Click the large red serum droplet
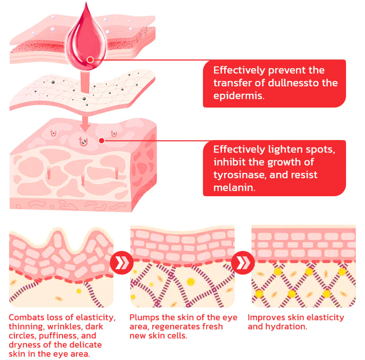click(86, 40)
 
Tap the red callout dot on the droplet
click(90, 59)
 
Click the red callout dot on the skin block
click(102, 140)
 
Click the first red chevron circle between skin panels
click(122, 262)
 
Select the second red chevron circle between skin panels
click(243, 262)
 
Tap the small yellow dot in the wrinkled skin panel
click(79, 291)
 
